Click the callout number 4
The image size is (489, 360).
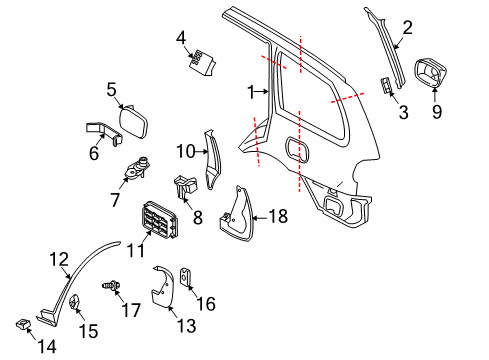181,38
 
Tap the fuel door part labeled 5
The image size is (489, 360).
133,121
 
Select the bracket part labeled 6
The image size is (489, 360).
104,132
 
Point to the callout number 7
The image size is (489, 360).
115,200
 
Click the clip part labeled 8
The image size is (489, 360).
185,189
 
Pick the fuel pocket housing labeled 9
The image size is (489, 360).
430,73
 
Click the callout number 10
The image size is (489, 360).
186,151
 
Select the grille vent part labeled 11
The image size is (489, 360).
158,220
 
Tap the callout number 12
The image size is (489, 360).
59,259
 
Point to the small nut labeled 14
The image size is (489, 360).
23,324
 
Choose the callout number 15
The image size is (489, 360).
88,331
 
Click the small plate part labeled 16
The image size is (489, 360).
185,277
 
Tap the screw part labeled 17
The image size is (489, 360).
111,286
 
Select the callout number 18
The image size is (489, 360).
278,216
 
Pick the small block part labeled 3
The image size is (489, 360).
386,85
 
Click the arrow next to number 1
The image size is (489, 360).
263,91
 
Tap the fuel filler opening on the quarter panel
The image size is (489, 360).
297,150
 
